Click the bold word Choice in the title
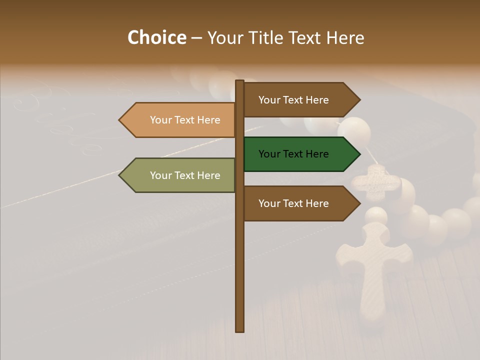click(x=156, y=38)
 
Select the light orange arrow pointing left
click(x=180, y=120)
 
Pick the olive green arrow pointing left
click(x=180, y=175)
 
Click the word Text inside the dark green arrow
click(x=294, y=154)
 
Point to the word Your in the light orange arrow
click(x=160, y=120)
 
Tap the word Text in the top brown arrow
click(x=294, y=100)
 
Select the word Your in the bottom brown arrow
click(x=269, y=203)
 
